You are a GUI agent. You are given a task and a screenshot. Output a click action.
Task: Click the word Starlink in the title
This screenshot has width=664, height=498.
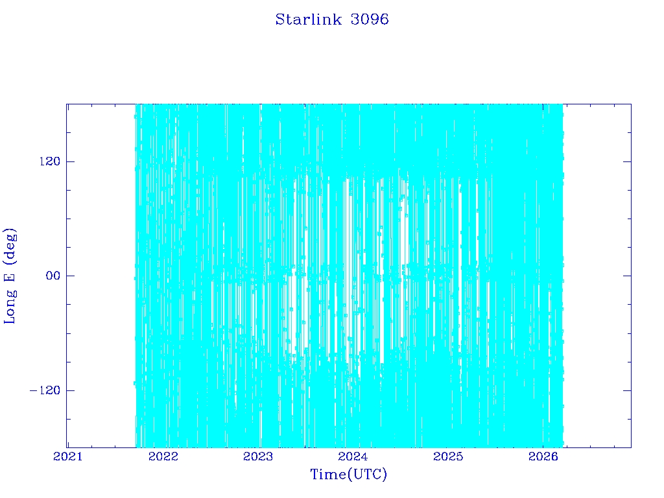click(308, 19)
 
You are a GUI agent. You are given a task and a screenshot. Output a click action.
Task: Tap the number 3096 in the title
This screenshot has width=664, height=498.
click(370, 19)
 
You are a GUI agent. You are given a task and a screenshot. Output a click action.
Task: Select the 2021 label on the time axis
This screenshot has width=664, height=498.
click(68, 456)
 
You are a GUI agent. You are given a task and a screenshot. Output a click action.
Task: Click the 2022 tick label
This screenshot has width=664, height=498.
click(163, 456)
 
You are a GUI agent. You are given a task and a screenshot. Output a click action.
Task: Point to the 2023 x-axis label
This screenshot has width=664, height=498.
click(258, 456)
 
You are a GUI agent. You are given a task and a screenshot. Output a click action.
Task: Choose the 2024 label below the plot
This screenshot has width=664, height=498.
click(353, 456)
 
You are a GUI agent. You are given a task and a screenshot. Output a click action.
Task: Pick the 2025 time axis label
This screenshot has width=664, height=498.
click(448, 456)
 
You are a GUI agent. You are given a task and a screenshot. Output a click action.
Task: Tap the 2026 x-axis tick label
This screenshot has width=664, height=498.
click(543, 456)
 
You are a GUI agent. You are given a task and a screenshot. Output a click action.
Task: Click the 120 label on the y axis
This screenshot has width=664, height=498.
click(50, 161)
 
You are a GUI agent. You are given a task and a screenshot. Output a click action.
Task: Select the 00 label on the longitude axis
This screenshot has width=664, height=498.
click(53, 276)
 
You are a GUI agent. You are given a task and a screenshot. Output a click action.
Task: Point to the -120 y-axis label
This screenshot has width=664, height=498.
click(45, 390)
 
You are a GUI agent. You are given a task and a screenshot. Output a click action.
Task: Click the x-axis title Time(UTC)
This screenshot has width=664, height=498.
click(349, 475)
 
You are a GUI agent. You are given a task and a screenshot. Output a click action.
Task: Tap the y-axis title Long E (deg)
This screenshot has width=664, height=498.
click(10, 276)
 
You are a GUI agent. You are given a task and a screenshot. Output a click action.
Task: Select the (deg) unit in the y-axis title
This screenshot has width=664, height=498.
click(10, 244)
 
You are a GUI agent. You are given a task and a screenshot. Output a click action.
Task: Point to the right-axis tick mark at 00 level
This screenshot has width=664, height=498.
click(627, 276)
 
